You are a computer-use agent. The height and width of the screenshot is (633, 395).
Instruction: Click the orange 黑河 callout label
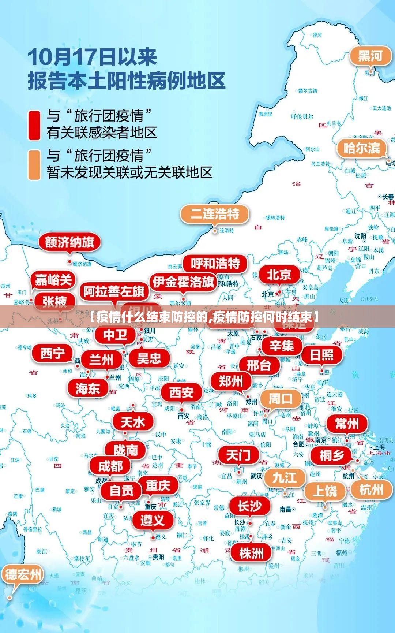370,56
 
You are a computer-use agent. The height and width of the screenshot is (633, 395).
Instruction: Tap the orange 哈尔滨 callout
361,148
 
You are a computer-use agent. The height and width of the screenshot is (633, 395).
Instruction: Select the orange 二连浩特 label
215,213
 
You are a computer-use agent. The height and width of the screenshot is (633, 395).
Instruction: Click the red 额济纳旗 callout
69,242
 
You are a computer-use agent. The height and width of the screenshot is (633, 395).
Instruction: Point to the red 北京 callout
279,274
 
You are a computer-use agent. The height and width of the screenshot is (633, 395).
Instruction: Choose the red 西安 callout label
181,392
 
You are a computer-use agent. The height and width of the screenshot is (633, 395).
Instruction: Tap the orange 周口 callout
281,399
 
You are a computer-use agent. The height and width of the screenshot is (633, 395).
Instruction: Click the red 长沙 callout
250,506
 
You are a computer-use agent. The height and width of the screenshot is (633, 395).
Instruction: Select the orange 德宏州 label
23,574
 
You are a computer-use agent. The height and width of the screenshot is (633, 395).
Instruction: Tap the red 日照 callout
322,355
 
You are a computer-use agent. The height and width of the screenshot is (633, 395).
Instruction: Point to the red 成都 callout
110,466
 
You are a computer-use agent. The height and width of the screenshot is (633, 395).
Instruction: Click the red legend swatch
34,126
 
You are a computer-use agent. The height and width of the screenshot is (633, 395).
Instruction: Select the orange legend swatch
34,165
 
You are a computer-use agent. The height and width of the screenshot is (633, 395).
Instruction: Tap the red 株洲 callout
251,553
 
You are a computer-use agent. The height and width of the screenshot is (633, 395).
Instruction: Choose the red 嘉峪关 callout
53,280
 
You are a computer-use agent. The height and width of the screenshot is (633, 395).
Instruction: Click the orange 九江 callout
284,477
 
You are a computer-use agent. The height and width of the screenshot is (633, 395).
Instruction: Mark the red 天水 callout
133,422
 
